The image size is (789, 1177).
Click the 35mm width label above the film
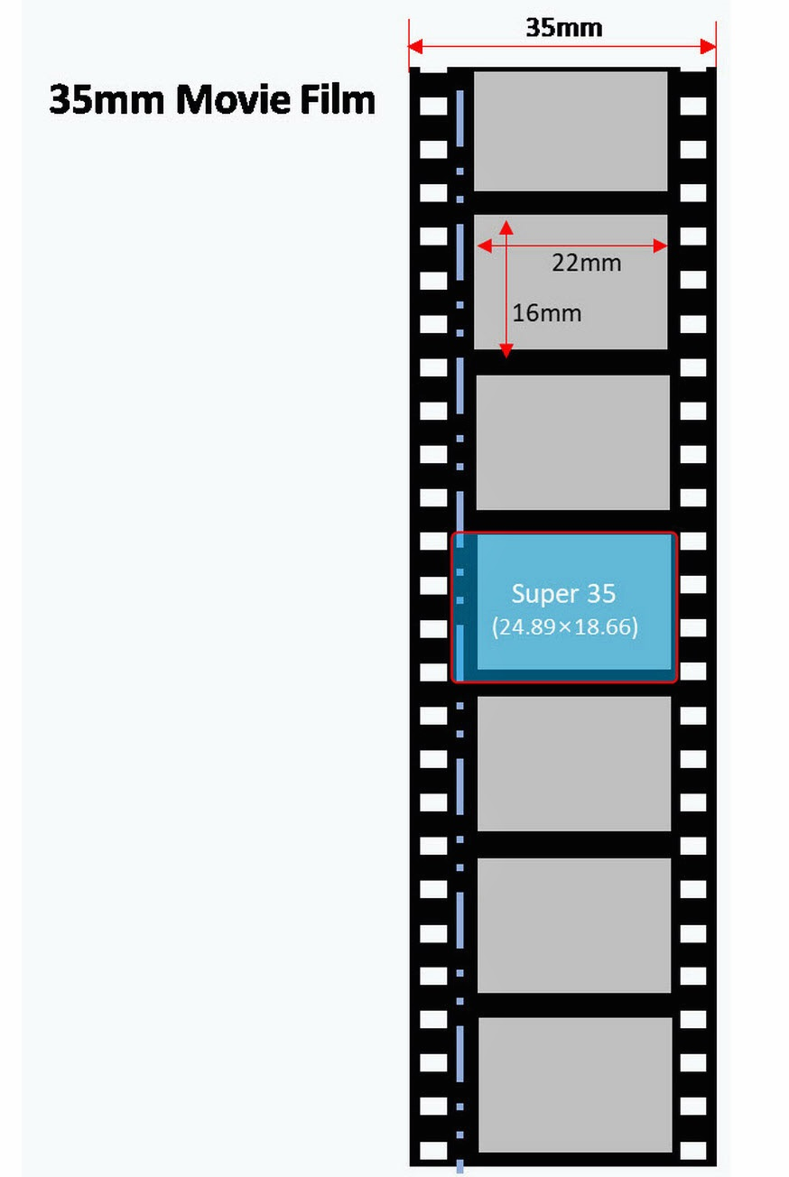point(563,27)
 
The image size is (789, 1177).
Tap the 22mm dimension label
point(586,263)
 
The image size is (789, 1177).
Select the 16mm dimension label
point(546,313)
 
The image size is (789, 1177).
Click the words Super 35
point(563,593)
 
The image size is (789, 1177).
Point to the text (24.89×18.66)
point(564,626)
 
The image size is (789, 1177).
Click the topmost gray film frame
point(571,131)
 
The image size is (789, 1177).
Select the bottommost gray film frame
point(575,1084)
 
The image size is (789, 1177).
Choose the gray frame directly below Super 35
point(574,764)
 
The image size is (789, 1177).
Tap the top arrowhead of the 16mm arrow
point(506,225)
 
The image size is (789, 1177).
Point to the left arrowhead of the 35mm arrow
point(414,46)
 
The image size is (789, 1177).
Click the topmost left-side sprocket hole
point(434,106)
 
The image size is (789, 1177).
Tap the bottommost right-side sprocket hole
point(692,1149)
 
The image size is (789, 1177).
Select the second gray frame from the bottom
point(574,925)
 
